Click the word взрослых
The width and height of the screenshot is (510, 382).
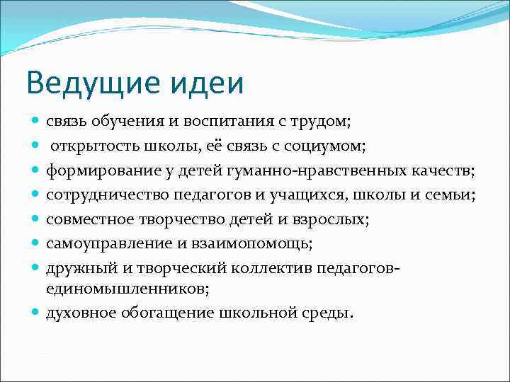335,220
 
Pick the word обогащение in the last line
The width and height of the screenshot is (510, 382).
162,313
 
